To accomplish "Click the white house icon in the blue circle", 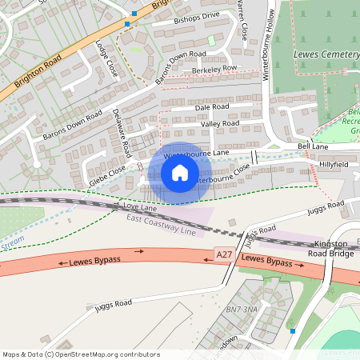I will [180, 172].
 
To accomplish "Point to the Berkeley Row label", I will [210, 69].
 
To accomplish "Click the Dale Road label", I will [212, 106].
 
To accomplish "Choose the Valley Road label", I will [220, 124].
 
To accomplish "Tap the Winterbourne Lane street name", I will [197, 153].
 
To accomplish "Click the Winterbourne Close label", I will [223, 174].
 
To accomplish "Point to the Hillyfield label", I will [334, 163].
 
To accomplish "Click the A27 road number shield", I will [226, 254].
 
